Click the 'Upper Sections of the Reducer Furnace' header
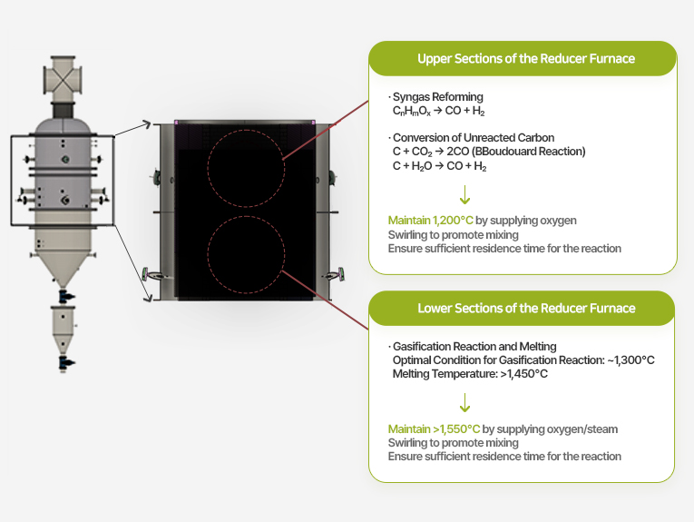click(x=525, y=59)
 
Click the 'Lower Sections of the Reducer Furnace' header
click(x=525, y=309)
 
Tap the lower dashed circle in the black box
click(x=244, y=252)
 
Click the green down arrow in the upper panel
click(x=465, y=194)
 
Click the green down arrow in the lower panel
click(x=465, y=403)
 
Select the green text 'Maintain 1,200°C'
click(x=430, y=221)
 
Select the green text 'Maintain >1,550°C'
click(x=434, y=428)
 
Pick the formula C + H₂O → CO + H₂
click(x=439, y=166)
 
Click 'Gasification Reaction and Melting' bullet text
click(x=474, y=347)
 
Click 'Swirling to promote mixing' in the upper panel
click(x=453, y=235)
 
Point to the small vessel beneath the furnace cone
click(x=64, y=329)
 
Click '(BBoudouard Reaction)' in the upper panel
click(x=534, y=152)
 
